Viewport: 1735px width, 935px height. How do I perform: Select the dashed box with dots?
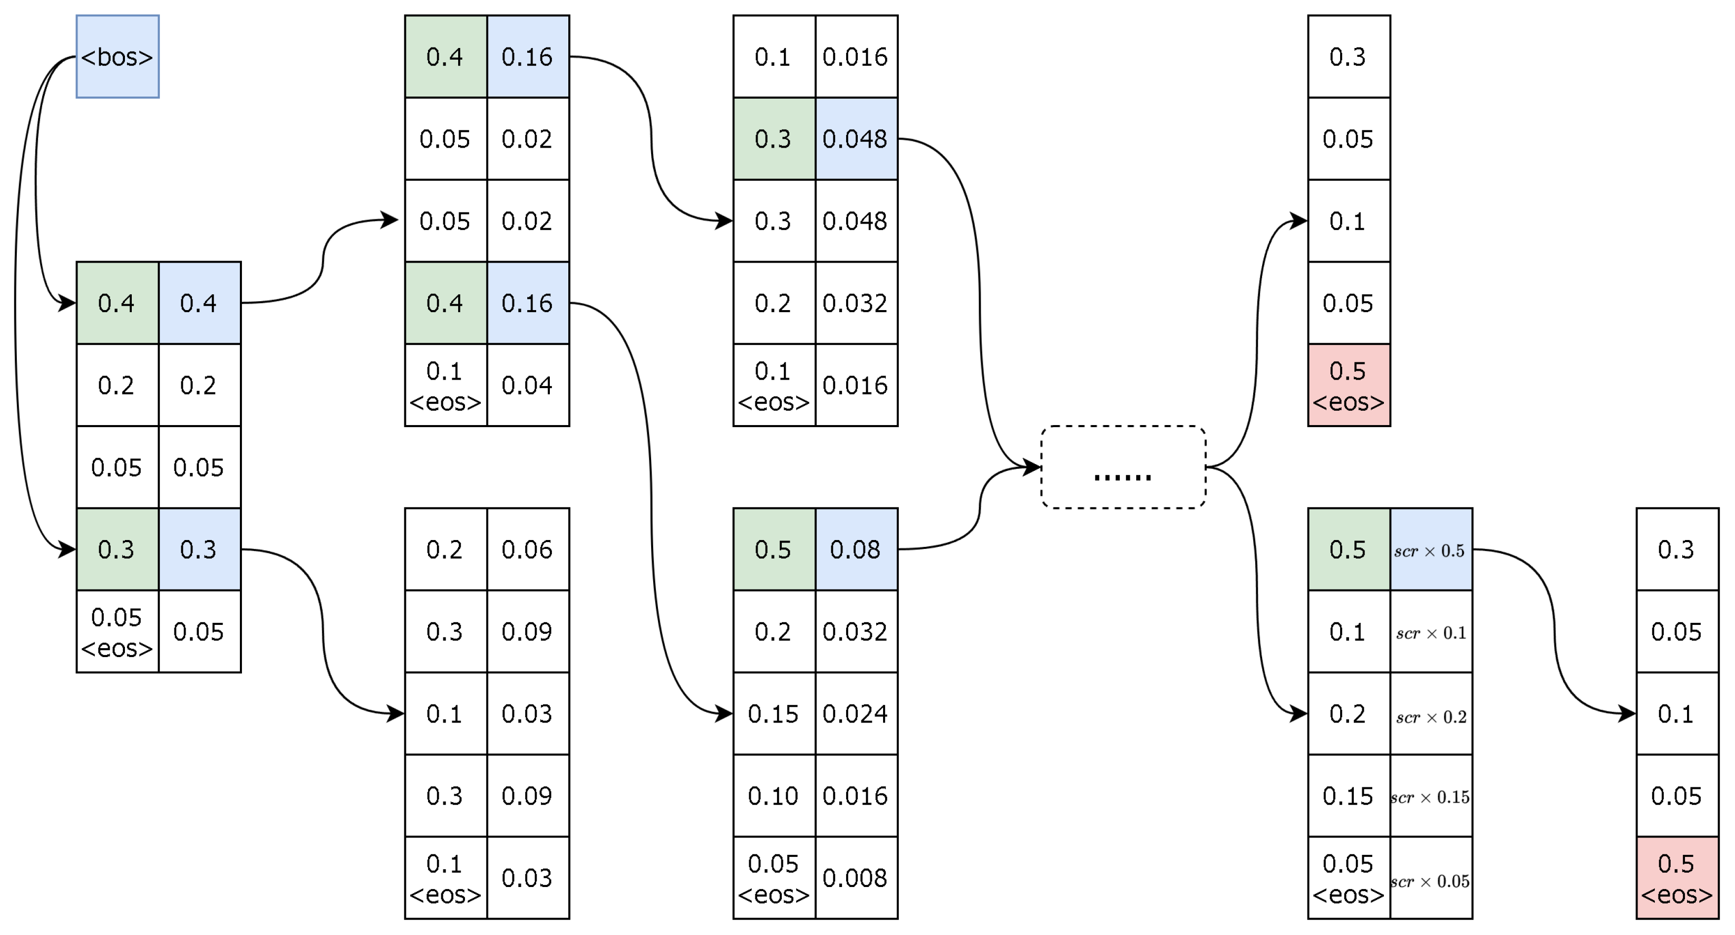click(x=1123, y=467)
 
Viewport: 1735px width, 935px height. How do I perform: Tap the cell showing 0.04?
click(x=527, y=385)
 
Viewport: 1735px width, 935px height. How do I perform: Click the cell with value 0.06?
click(x=527, y=550)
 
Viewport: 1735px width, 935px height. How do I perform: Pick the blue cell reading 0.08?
click(x=856, y=550)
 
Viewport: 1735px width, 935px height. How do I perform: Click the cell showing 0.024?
click(x=856, y=714)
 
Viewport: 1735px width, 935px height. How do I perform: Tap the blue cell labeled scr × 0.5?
click(x=1431, y=550)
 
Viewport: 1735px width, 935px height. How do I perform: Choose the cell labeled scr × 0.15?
click(x=1431, y=796)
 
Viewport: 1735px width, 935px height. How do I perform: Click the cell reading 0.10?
click(x=773, y=796)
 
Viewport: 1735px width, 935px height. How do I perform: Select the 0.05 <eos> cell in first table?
click(x=117, y=632)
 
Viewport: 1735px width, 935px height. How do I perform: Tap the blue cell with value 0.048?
click(x=856, y=139)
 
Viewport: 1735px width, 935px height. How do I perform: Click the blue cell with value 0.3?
click(x=199, y=550)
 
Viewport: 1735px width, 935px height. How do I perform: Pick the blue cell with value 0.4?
click(x=199, y=303)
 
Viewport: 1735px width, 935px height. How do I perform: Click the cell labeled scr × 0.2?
click(x=1431, y=714)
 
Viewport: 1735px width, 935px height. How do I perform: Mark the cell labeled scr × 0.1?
click(x=1431, y=632)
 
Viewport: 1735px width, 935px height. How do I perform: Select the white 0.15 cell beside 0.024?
click(x=773, y=714)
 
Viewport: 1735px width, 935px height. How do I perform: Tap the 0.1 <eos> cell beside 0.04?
click(x=445, y=385)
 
